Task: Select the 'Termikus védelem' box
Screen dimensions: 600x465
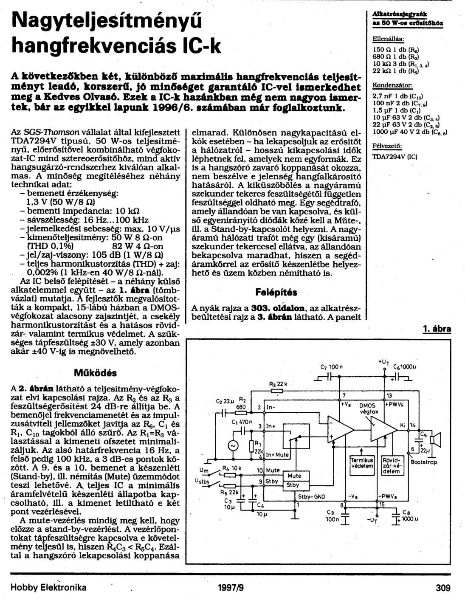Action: click(362, 463)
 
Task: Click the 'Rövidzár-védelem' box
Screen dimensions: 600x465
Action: click(391, 465)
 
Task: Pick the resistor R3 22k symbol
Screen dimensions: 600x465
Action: click(278, 391)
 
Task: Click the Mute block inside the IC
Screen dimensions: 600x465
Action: click(294, 476)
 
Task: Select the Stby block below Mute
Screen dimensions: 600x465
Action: click(293, 485)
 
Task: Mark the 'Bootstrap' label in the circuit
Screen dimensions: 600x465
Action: click(424, 462)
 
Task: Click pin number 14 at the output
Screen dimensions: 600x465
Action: click(413, 425)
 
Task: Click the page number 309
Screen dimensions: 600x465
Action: click(443, 588)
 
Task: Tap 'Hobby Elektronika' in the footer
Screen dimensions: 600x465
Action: click(48, 588)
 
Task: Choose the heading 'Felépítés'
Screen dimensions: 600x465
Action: click(276, 293)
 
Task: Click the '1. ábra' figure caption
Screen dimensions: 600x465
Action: click(437, 329)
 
